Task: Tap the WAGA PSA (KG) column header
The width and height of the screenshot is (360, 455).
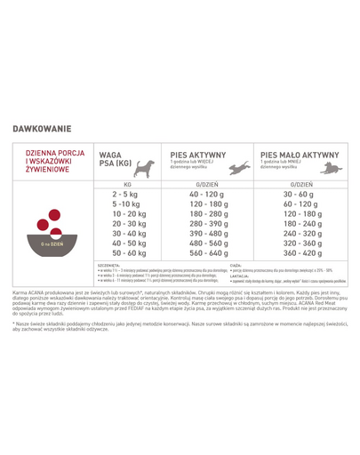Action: (x=114, y=159)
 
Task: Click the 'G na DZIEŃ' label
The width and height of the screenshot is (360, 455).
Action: (x=50, y=242)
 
